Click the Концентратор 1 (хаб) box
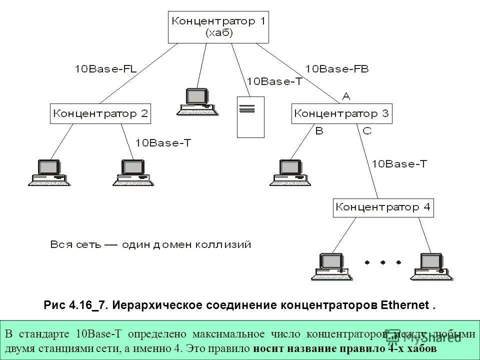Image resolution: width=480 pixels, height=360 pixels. [218, 27]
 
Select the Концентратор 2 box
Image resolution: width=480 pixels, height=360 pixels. [101, 114]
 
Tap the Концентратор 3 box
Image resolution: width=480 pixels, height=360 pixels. [342, 114]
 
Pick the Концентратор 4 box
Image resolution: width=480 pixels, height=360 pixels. [383, 207]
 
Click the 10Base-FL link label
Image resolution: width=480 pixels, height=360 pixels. [106, 68]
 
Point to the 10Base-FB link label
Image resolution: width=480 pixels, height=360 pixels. [337, 68]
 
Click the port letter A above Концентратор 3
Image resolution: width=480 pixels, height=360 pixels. [345, 95]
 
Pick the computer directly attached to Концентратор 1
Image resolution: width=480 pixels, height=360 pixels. [197, 101]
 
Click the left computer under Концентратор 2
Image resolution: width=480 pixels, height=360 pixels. [47, 172]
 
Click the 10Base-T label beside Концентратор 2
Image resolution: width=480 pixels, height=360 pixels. [163, 143]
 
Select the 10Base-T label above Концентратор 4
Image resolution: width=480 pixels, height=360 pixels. [399, 163]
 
